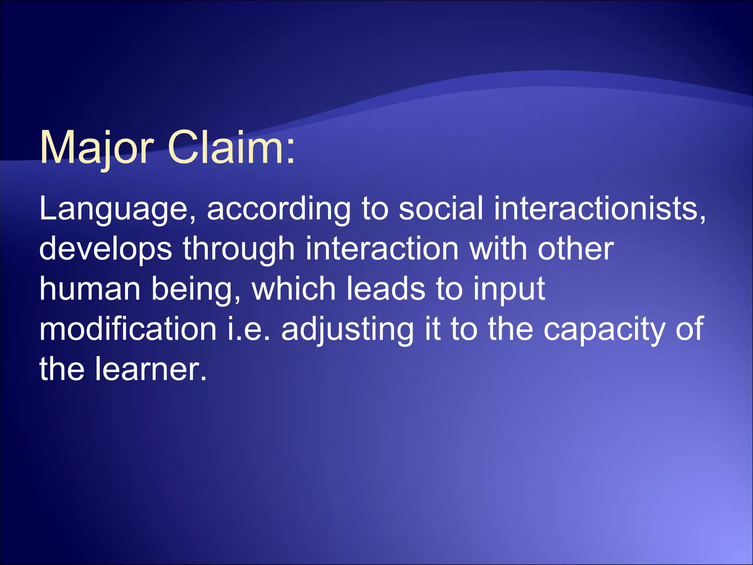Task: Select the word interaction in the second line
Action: pyautogui.click(x=382, y=249)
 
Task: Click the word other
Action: pyautogui.click(x=576, y=249)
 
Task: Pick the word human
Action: pyautogui.click(x=90, y=289)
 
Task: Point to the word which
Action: pyautogui.click(x=294, y=289)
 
